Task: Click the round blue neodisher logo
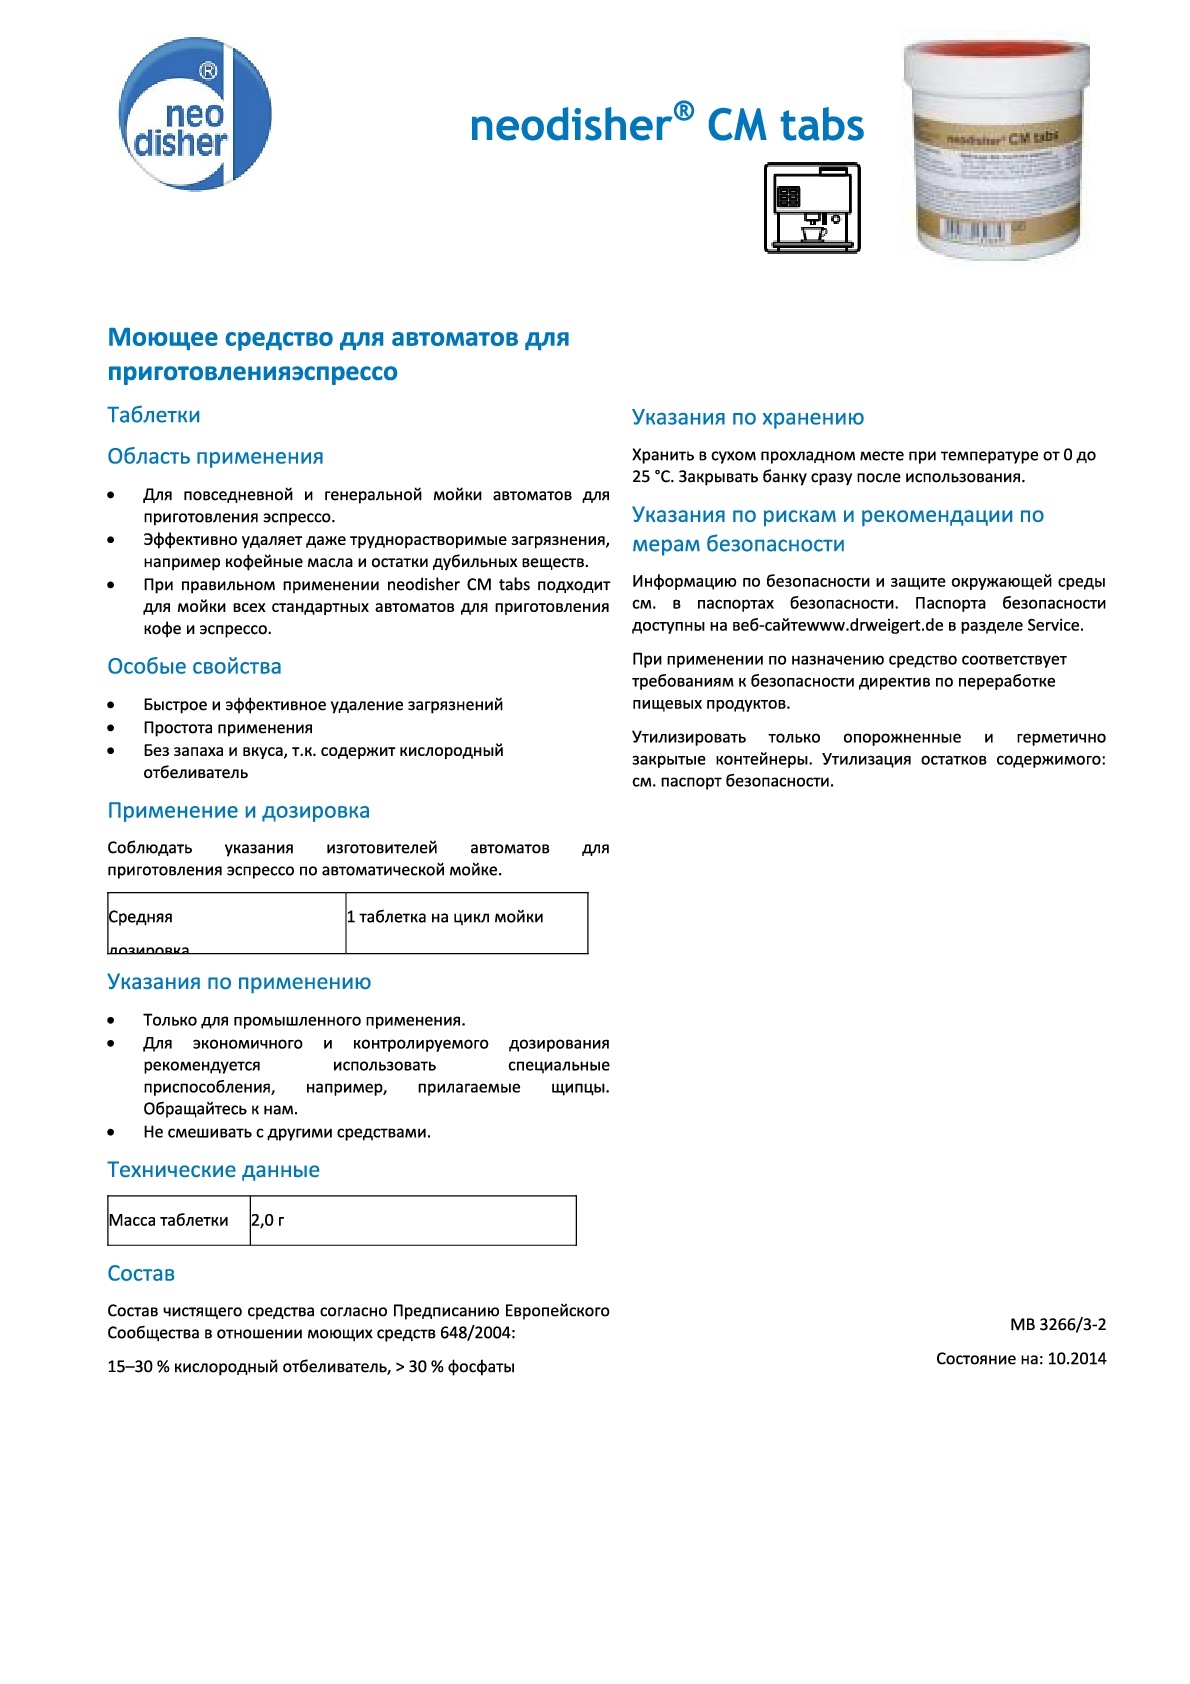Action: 195,114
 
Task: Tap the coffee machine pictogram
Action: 812,208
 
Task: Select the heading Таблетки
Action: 154,415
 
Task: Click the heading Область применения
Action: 215,457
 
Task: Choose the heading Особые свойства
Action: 194,667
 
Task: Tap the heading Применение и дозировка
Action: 238,811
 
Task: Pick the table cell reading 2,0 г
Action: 268,1220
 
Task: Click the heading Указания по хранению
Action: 747,418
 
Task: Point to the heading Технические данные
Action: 213,1170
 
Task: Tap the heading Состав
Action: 141,1274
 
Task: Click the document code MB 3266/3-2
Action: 1058,1325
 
